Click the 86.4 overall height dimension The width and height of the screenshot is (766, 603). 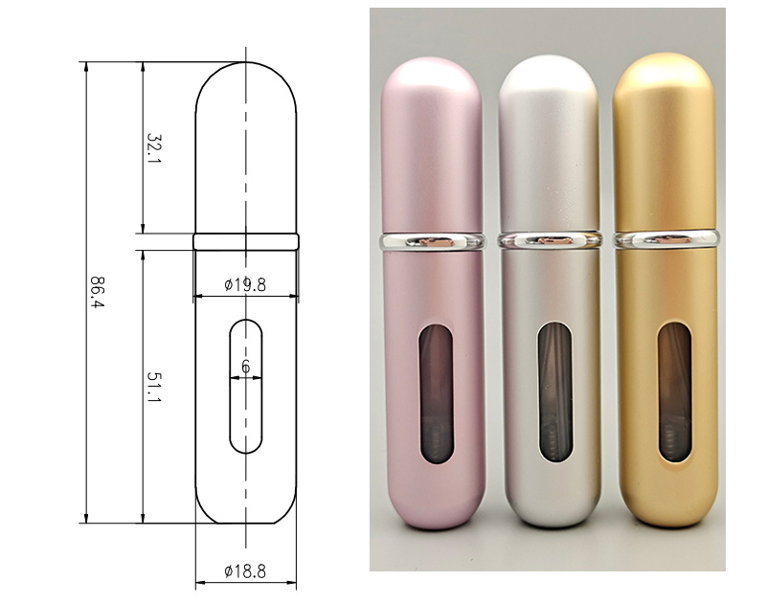click(x=98, y=292)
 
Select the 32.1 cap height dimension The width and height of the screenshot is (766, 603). click(x=154, y=148)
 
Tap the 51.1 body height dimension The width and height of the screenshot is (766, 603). click(x=154, y=388)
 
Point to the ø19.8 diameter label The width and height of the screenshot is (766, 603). click(x=245, y=284)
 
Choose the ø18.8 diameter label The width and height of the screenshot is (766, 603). click(x=245, y=570)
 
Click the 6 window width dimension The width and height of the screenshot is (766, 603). click(x=246, y=367)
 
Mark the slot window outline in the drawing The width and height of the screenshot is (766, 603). click(x=230, y=387)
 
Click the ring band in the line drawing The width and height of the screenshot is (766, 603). click(x=246, y=242)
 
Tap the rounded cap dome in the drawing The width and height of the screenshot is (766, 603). click(x=246, y=62)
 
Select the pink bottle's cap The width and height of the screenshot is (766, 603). click(x=432, y=145)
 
